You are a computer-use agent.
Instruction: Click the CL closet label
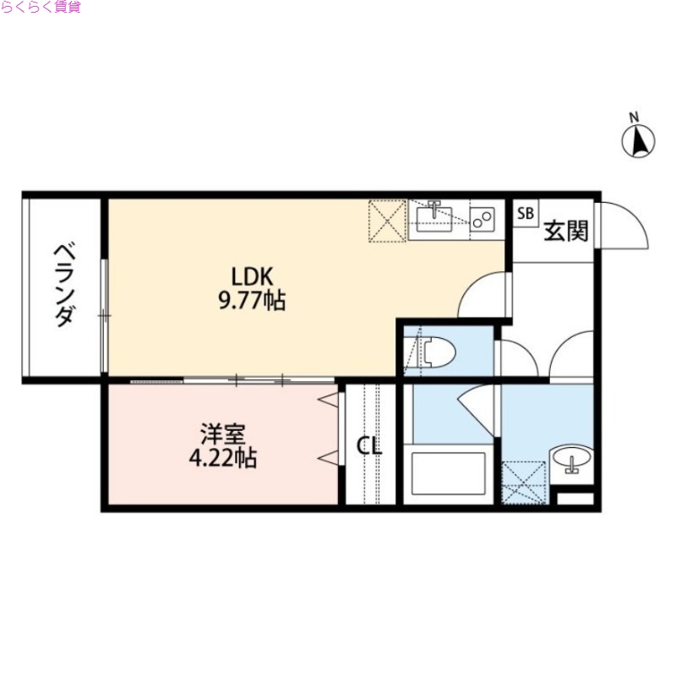[368, 445]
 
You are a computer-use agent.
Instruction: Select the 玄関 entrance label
[565, 230]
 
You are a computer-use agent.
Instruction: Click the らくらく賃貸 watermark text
[41, 8]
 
